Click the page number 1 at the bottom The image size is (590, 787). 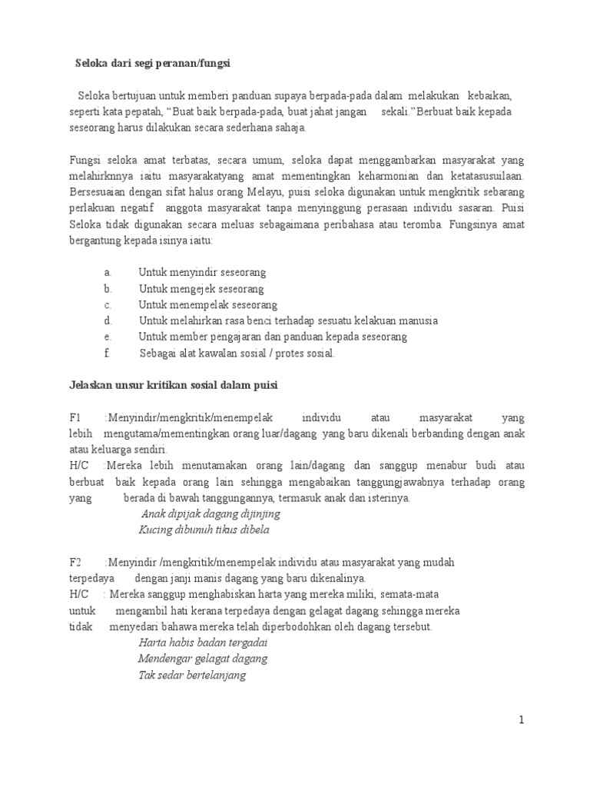tap(520, 720)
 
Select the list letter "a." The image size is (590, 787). tap(107, 272)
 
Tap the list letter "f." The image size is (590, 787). tap(107, 354)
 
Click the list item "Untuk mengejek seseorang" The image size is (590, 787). tap(201, 288)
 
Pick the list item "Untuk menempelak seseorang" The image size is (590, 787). tap(208, 304)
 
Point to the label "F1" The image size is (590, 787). tap(75, 417)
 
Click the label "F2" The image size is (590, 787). tap(75, 563)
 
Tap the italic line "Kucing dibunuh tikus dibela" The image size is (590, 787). tap(204, 530)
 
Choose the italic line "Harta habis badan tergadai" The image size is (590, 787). tap(202, 643)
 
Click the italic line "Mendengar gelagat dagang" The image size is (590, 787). tap(202, 659)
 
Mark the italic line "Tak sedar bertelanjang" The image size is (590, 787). tap(192, 676)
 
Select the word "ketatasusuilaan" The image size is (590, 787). tap(483, 175)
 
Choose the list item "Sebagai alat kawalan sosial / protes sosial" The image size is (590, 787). tap(237, 354)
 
